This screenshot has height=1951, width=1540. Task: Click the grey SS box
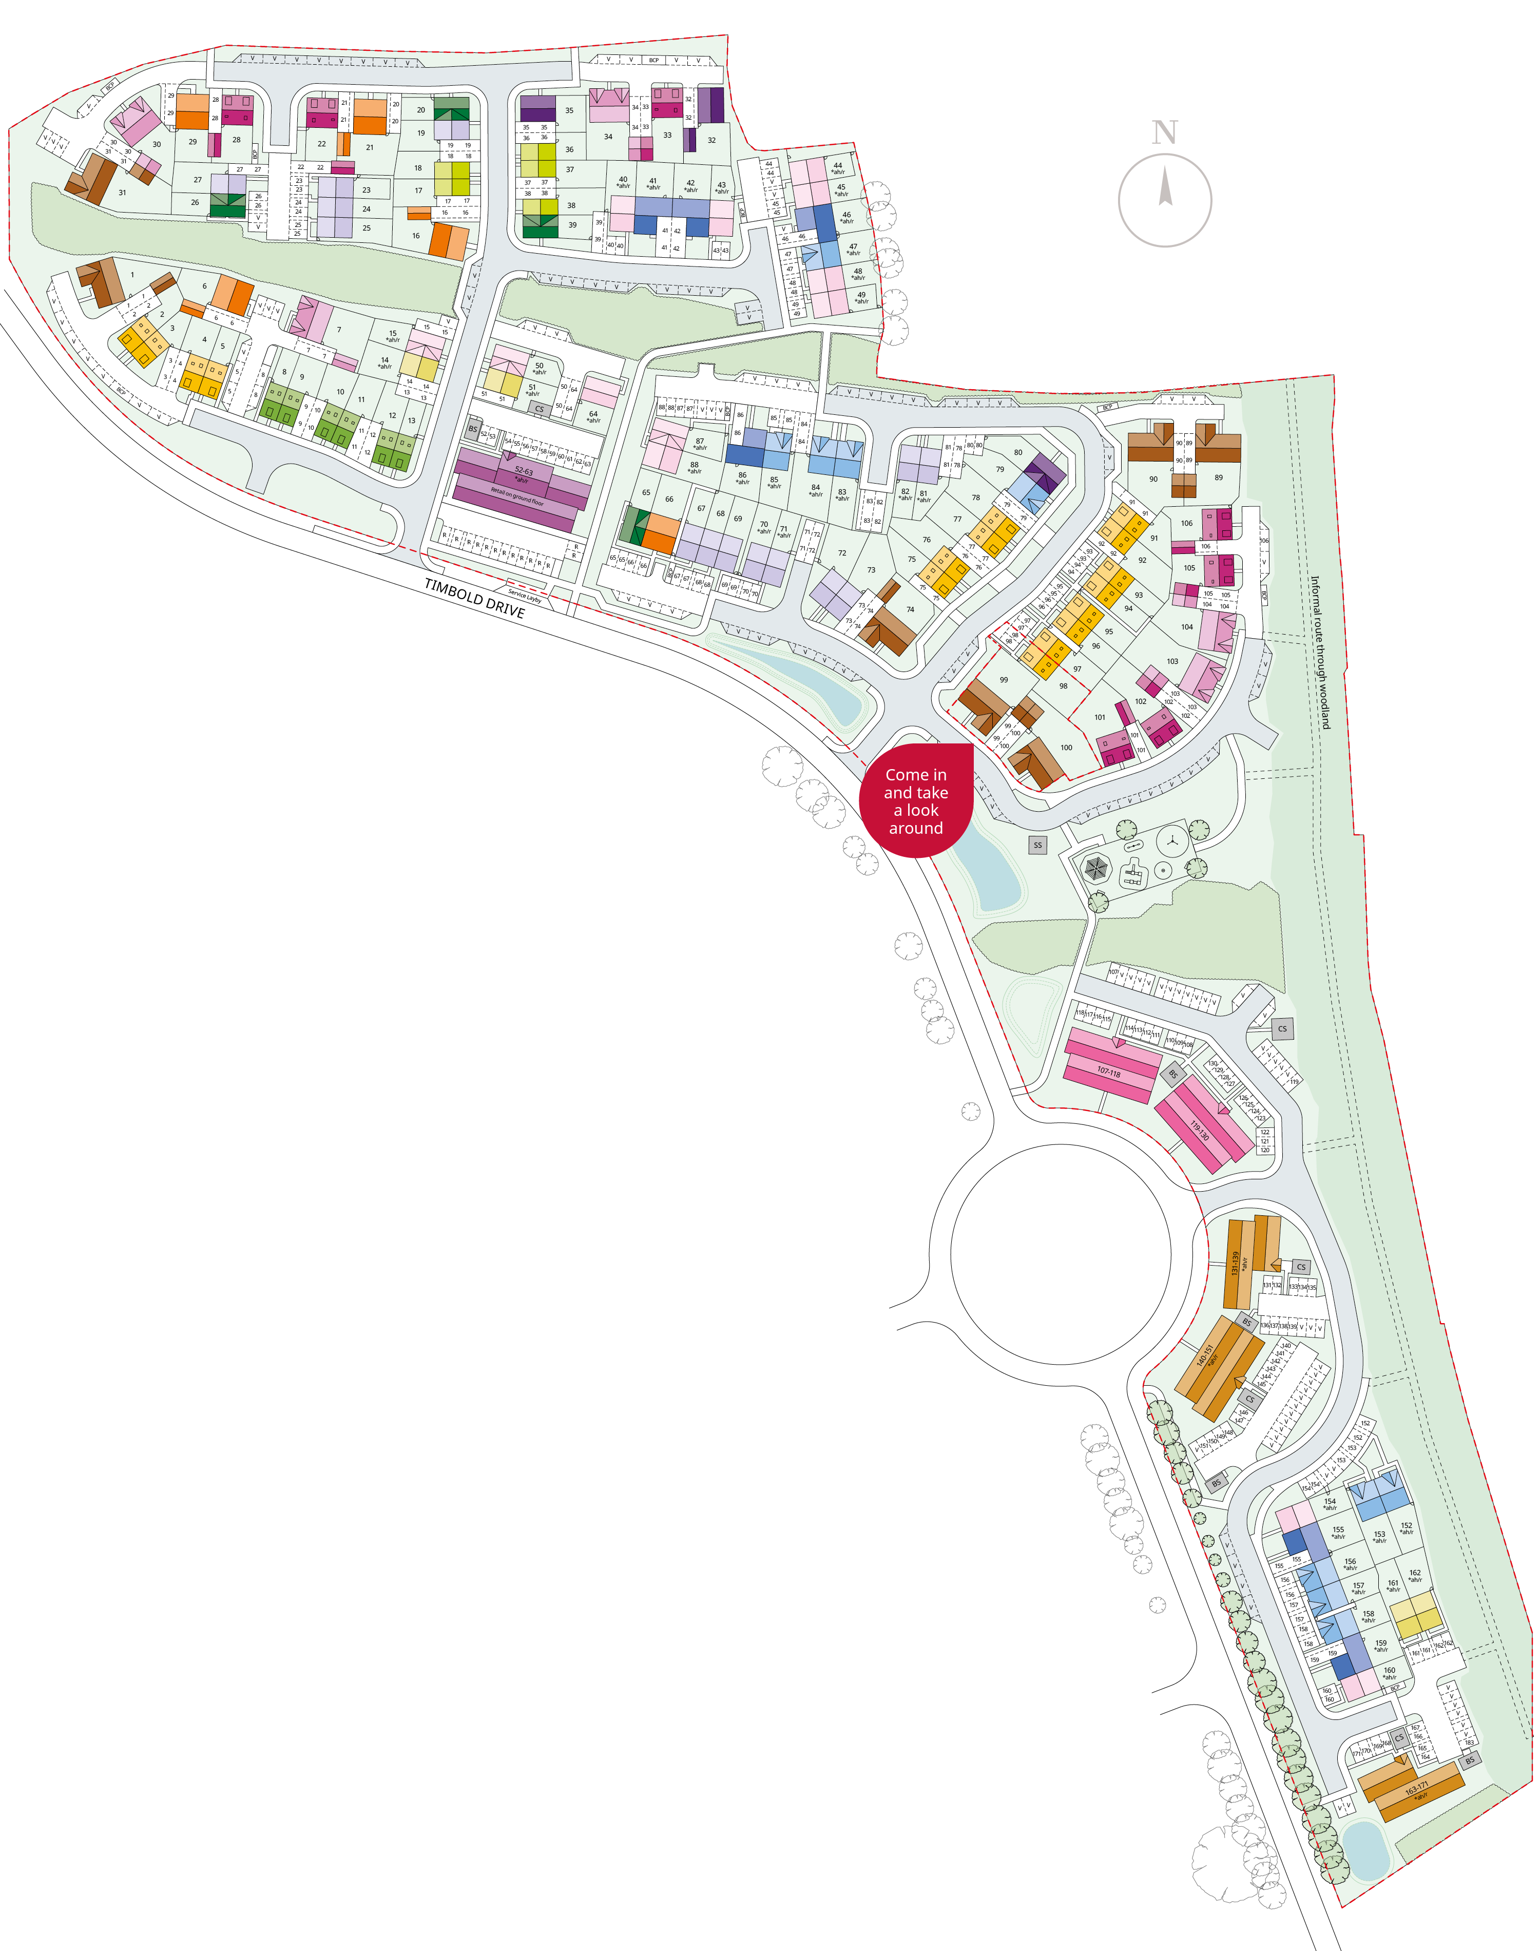pos(1038,845)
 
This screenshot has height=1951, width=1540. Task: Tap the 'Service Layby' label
pos(525,596)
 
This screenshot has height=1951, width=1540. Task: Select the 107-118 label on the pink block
pos(1108,1072)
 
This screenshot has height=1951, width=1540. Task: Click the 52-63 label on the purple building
pos(523,471)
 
